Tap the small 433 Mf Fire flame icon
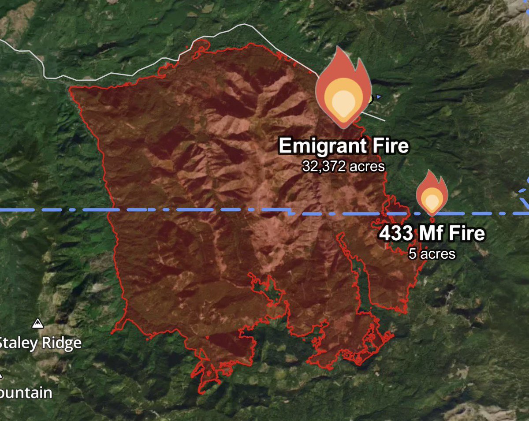pyautogui.click(x=432, y=194)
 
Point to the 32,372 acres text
pyautogui.click(x=343, y=166)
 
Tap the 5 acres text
pyautogui.click(x=432, y=253)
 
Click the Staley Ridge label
pyautogui.click(x=41, y=343)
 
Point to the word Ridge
pyautogui.click(x=62, y=343)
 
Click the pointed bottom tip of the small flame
pyautogui.click(x=432, y=215)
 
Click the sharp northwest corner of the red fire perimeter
pyautogui.click(x=70, y=88)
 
